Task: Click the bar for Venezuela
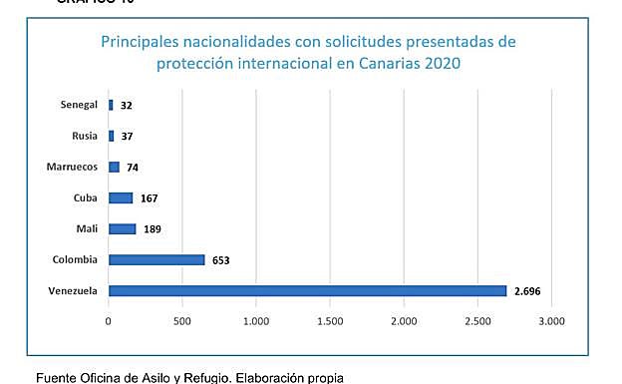coord(307,291)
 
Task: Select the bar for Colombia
coord(156,260)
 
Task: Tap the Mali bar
coord(122,229)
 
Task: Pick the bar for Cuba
coord(121,197)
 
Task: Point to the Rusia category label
coord(85,136)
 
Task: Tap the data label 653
coord(220,261)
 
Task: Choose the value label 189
coord(152,229)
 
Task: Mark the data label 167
coord(149,198)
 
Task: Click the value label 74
coord(133,168)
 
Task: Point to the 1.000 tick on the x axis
coord(256,322)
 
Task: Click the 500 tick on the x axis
coord(182,322)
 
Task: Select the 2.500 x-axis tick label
coord(477,322)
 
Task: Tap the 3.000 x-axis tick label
coord(551,322)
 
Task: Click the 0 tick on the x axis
coord(109,322)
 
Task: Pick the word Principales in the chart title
coord(142,42)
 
